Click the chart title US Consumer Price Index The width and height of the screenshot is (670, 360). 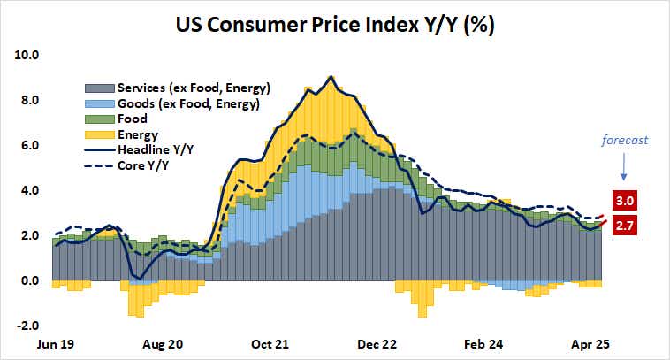(334, 24)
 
